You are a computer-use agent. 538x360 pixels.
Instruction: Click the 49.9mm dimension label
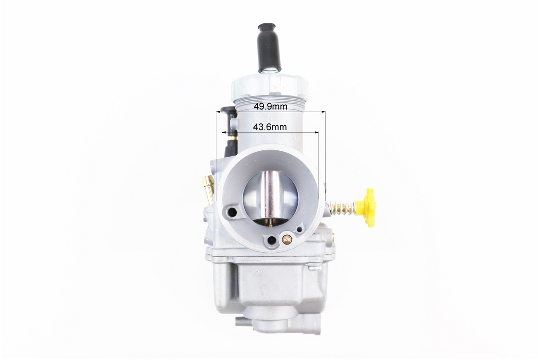(270, 106)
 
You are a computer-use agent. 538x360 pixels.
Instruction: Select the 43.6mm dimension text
(270, 127)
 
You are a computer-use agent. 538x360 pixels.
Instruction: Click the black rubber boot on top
(270, 47)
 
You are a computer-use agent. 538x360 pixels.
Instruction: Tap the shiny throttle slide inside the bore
(270, 199)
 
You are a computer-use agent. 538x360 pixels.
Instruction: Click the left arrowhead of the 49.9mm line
(218, 112)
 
